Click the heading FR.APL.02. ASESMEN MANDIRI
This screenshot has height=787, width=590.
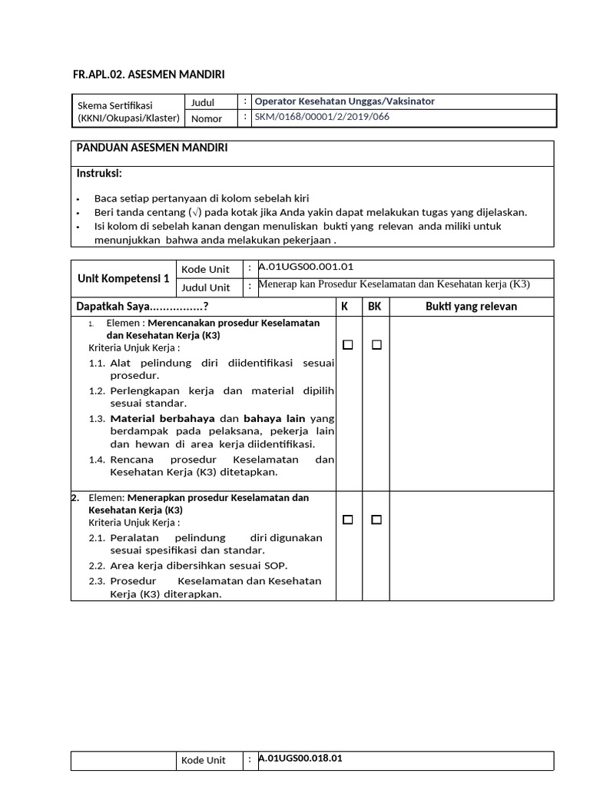(x=148, y=74)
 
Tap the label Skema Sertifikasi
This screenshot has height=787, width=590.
(x=115, y=105)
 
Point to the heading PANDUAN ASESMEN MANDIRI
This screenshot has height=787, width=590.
(x=151, y=147)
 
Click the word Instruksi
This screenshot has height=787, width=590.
(x=99, y=173)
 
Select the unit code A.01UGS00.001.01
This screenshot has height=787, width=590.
(x=306, y=267)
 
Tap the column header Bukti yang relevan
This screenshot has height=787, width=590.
(x=471, y=307)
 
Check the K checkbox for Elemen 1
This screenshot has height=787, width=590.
(x=348, y=346)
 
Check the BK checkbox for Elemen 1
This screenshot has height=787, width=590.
(x=376, y=346)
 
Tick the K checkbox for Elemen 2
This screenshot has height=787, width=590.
(x=348, y=520)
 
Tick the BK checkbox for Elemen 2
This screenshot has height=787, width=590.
(x=376, y=520)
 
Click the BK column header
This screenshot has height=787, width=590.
(x=375, y=307)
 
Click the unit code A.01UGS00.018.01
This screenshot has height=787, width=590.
(x=300, y=758)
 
